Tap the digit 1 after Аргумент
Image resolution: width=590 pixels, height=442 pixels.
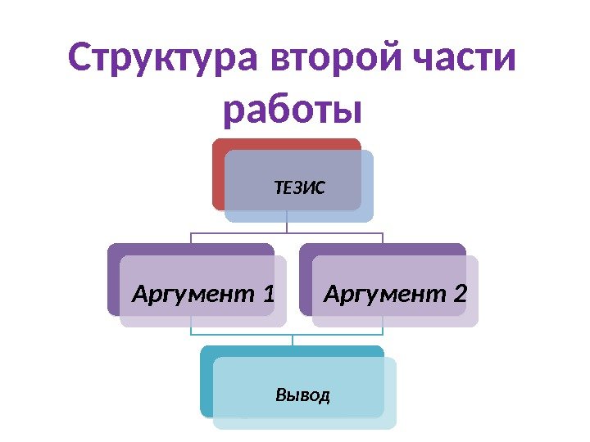tap(268, 292)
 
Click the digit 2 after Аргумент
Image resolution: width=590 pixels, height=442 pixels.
tap(460, 292)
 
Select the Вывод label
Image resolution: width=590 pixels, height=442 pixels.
tap(303, 396)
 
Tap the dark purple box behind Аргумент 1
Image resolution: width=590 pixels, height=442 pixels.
tap(113, 278)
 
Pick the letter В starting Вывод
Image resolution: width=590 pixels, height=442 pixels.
tap(281, 396)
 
